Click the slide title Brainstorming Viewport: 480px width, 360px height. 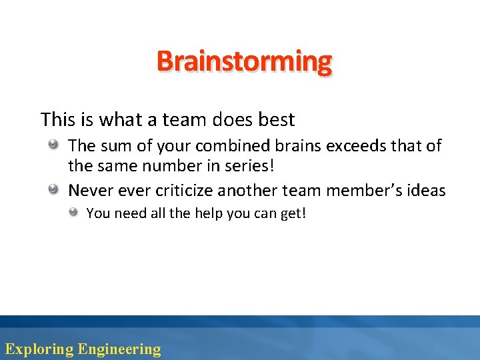pyautogui.click(x=244, y=62)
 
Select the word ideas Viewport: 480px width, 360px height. pyautogui.click(x=426, y=191)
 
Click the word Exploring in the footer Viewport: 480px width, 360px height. pyautogui.click(x=39, y=349)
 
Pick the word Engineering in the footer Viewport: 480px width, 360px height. pyautogui.click(x=119, y=349)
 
